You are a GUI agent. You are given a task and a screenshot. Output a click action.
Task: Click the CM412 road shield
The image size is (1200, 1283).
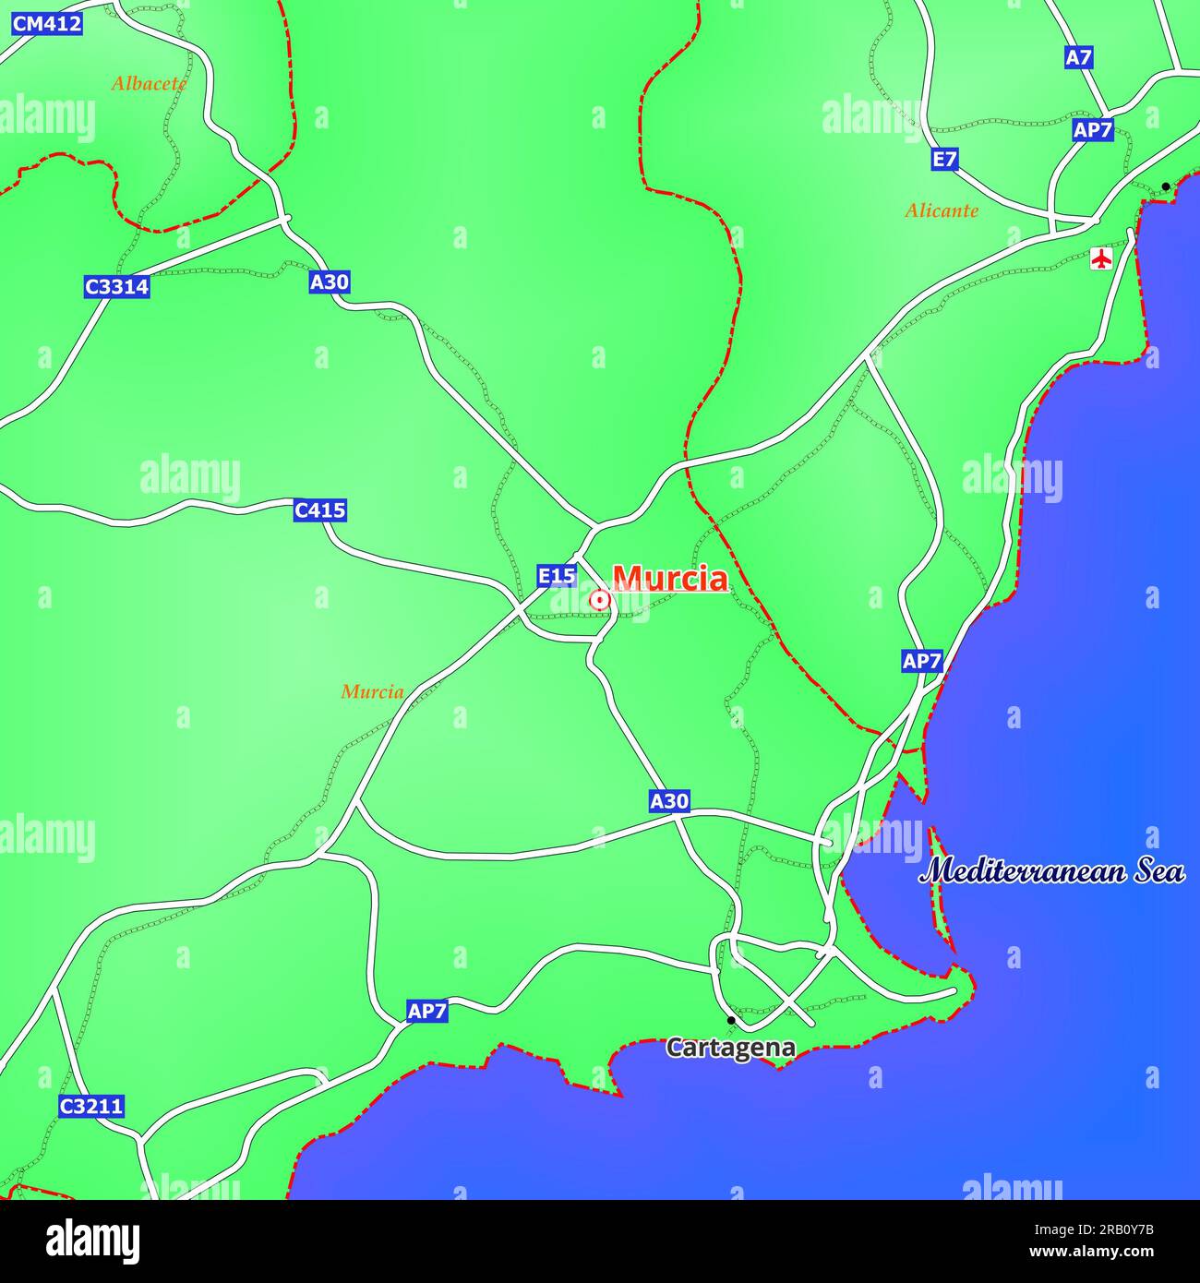tap(46, 24)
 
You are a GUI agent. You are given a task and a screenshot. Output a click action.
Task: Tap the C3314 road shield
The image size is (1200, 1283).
tap(116, 287)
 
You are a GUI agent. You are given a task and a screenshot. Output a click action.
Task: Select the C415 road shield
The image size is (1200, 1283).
tap(319, 510)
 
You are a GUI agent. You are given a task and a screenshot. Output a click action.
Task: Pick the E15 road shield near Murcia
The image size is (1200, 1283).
tap(557, 576)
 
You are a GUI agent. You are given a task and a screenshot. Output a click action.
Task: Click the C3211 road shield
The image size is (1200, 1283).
tap(90, 1106)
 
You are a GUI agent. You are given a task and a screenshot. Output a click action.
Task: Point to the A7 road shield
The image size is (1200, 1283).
tap(1078, 57)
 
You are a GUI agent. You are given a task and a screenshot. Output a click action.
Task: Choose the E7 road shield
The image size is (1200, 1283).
tap(943, 160)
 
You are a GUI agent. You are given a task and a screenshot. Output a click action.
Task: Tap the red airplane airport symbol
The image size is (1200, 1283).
tap(1100, 258)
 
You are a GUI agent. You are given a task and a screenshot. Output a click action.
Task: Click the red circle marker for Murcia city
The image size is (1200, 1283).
tap(600, 601)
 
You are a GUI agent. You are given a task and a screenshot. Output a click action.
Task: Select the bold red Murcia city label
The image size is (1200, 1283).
tap(670, 579)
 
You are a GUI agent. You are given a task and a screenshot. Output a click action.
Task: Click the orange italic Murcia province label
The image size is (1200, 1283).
tap(372, 691)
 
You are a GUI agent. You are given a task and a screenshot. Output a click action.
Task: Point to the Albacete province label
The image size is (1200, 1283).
tap(149, 83)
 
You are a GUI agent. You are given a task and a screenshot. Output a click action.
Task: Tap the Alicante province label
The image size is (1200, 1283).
tap(941, 210)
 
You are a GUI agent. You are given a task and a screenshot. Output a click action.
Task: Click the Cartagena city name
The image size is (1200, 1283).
tap(731, 1048)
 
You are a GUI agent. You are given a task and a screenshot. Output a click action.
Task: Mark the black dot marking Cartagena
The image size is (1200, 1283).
tap(731, 1020)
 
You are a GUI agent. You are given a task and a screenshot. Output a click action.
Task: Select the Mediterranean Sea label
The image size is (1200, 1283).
tap(1051, 871)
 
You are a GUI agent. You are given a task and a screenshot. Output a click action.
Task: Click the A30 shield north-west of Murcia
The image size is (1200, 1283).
tap(329, 282)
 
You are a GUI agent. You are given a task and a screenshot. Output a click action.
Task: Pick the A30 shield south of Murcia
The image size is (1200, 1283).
tap(669, 800)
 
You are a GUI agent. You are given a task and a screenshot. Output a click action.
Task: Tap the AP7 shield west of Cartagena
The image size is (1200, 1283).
tap(426, 1011)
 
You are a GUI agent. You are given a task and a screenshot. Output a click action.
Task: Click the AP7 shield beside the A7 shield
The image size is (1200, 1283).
tap(1092, 130)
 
